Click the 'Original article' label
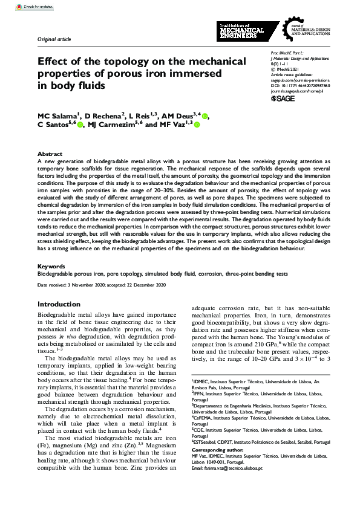[54, 39]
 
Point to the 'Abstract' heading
[50, 155]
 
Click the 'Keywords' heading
[51, 265]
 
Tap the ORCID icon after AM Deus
[205, 116]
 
